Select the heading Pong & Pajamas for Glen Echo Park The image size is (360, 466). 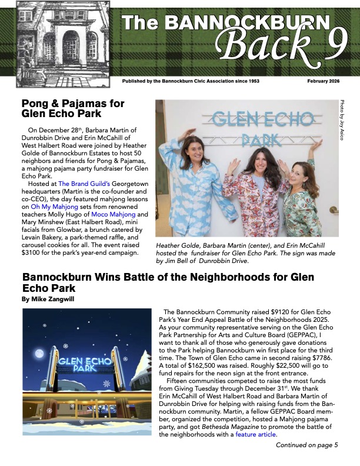(73, 108)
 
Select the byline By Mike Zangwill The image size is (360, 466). (46, 299)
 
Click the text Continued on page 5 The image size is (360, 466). (306, 445)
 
